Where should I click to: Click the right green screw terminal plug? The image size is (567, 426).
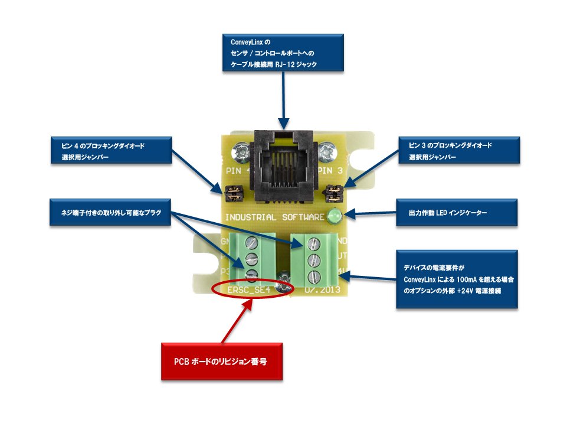(314, 258)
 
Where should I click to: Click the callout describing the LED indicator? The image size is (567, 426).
(457, 212)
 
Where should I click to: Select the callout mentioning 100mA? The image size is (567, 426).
(457, 279)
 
